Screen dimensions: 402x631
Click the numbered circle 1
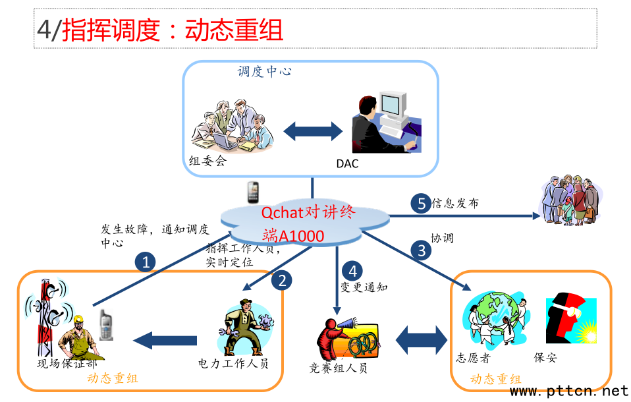tap(146, 262)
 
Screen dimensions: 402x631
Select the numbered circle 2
tap(282, 281)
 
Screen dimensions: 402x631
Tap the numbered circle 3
tap(422, 250)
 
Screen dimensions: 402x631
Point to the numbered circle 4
tap(353, 271)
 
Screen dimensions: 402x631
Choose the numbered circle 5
tap(421, 203)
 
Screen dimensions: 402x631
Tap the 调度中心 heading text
tap(265, 71)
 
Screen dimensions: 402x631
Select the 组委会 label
tap(207, 161)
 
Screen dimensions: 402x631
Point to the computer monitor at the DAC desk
tap(389, 105)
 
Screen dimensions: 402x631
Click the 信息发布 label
tap(455, 204)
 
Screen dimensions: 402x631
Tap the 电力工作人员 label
tap(233, 364)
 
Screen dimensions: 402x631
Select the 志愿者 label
tap(474, 359)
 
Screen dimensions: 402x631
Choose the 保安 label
tap(545, 358)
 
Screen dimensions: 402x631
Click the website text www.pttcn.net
tap(569, 391)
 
